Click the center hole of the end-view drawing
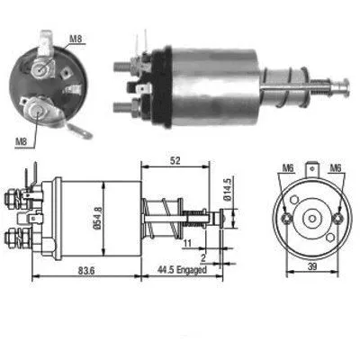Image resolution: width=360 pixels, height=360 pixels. tap(310, 217)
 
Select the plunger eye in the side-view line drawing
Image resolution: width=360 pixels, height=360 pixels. tap(225, 216)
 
